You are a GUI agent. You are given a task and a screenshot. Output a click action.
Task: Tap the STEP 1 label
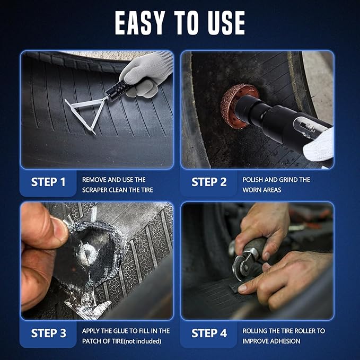pyautogui.click(x=48, y=182)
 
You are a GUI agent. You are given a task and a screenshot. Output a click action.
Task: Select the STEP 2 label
pyautogui.click(x=209, y=182)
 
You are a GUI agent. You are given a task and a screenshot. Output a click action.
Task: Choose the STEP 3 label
pyautogui.click(x=48, y=333)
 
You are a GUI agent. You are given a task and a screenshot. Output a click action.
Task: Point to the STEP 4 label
pyautogui.click(x=209, y=333)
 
